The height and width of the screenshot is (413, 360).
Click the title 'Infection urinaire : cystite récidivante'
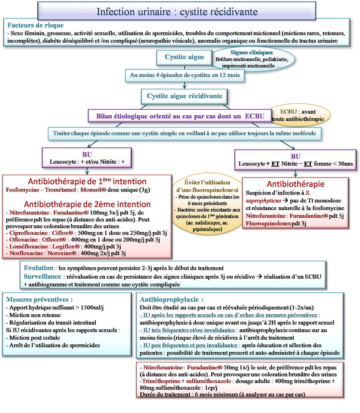coord(177,11)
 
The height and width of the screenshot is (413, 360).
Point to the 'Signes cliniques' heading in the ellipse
coord(246,52)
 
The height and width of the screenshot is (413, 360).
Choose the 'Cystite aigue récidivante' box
coord(184,96)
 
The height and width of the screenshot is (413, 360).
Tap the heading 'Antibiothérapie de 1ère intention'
coord(87,181)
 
